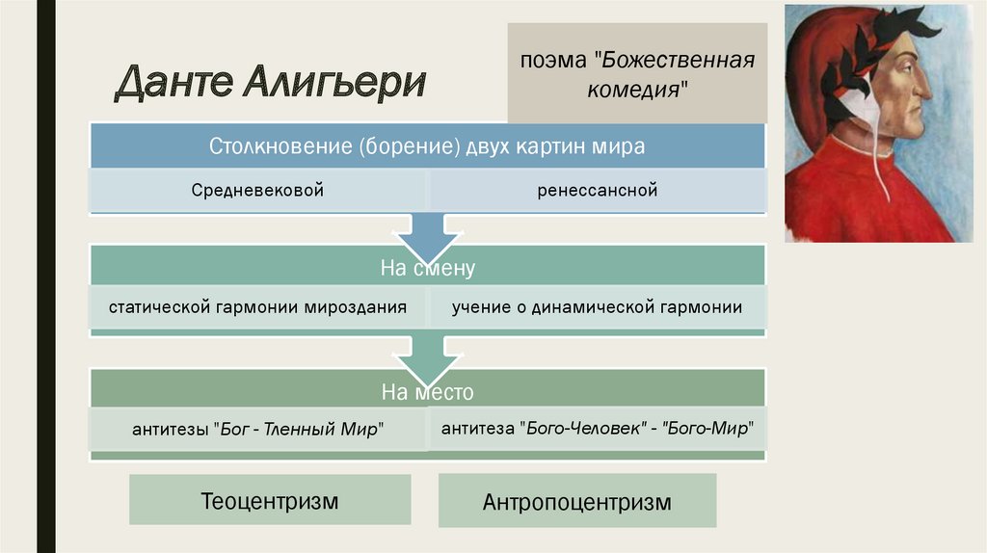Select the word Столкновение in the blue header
pyautogui.click(x=281, y=147)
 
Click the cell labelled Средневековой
pyautogui.click(x=256, y=191)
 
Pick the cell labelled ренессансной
pyautogui.click(x=598, y=191)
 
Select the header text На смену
pyautogui.click(x=428, y=269)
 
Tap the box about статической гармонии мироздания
pyautogui.click(x=257, y=308)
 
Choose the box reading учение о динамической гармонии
pyautogui.click(x=598, y=308)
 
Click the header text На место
pyautogui.click(x=428, y=392)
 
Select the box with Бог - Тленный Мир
pyautogui.click(x=258, y=430)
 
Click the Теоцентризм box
pyautogui.click(x=270, y=500)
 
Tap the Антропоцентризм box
pyautogui.click(x=576, y=502)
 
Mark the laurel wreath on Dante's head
pyautogui.click(x=867, y=53)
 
